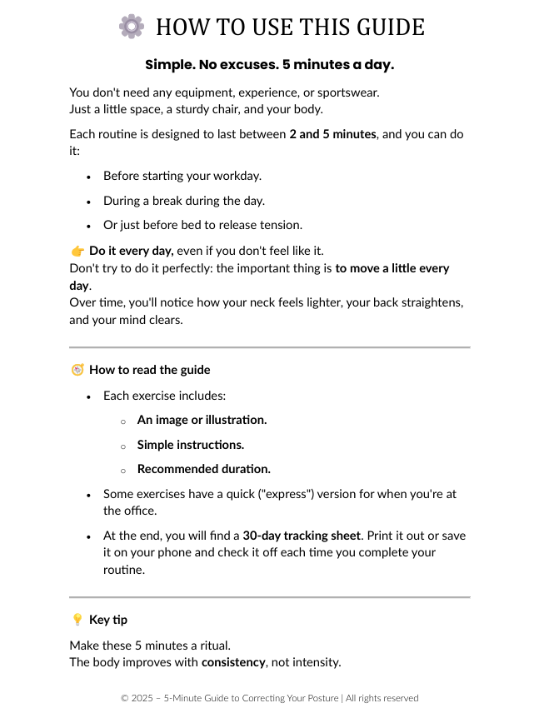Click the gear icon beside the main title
[132, 27]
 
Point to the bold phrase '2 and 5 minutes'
[333, 134]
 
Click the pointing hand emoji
[77, 251]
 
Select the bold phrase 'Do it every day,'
[132, 251]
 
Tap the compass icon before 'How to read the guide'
[77, 370]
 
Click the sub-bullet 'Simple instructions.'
[191, 445]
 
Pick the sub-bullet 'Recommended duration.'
[204, 469]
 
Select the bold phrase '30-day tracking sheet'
[302, 536]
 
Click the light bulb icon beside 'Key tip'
[77, 620]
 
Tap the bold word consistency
[233, 662]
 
